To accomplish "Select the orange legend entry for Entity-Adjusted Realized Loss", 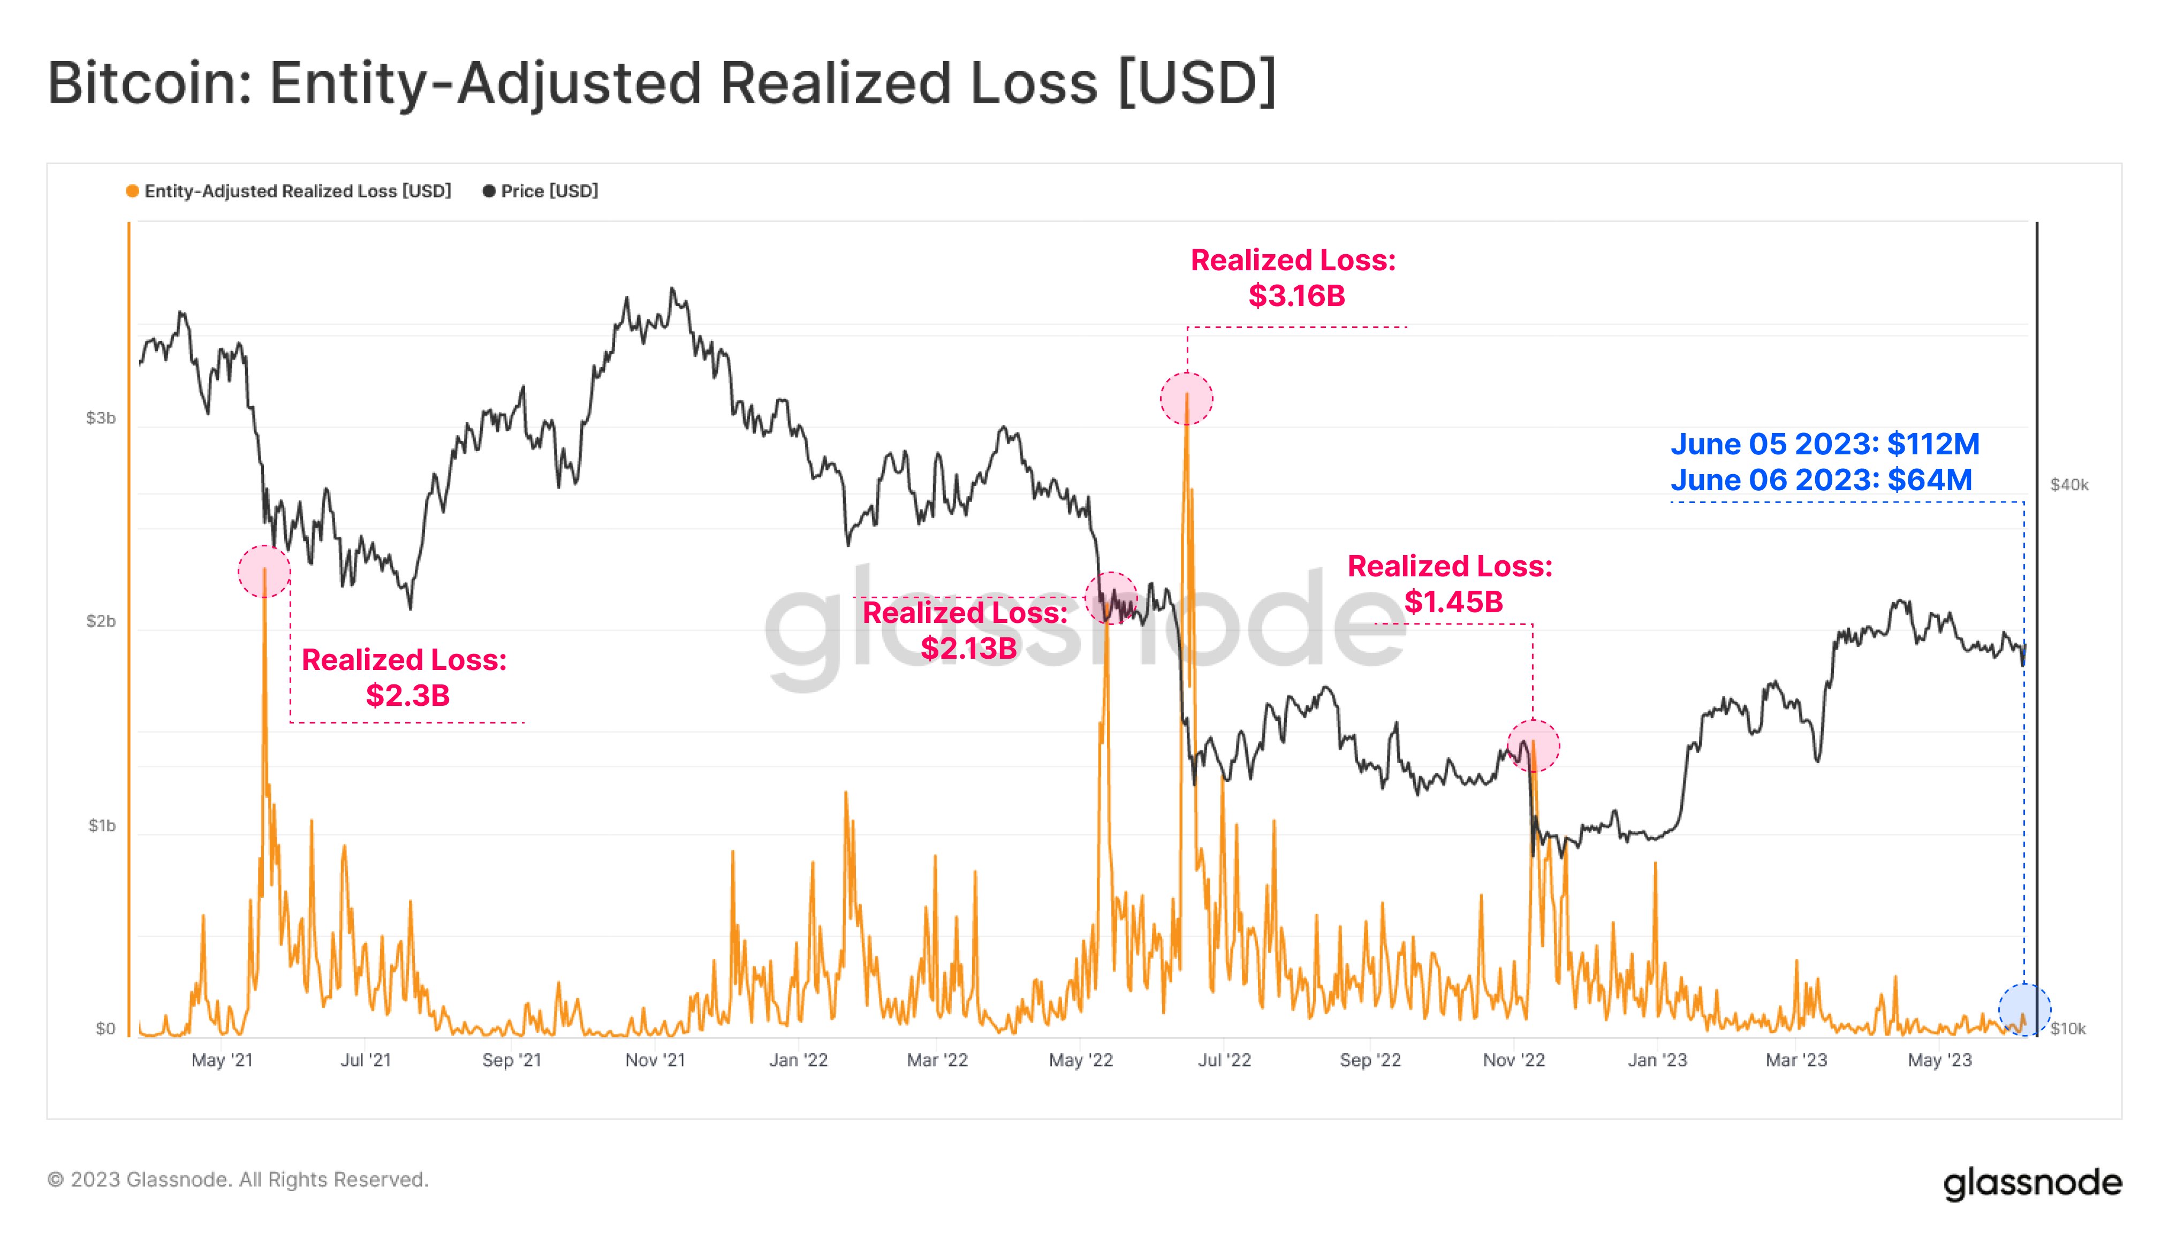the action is click(289, 191).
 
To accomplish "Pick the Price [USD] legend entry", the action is click(541, 191).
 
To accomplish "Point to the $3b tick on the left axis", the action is click(101, 418).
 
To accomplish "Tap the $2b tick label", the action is click(101, 621).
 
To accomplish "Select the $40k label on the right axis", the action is click(2068, 485).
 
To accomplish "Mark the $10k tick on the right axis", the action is click(2068, 1029).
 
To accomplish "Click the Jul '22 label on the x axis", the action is click(1224, 1060).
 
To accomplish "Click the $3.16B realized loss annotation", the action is click(1294, 278).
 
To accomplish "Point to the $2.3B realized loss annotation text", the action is click(405, 677).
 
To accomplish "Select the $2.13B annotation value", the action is click(969, 648).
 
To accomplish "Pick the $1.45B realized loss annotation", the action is click(1451, 584).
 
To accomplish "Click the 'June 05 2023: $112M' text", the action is click(1825, 444).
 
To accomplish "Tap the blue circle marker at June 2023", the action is click(2024, 1010).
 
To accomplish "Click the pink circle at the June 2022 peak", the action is click(1187, 399).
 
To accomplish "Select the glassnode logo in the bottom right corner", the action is click(2032, 1183).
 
